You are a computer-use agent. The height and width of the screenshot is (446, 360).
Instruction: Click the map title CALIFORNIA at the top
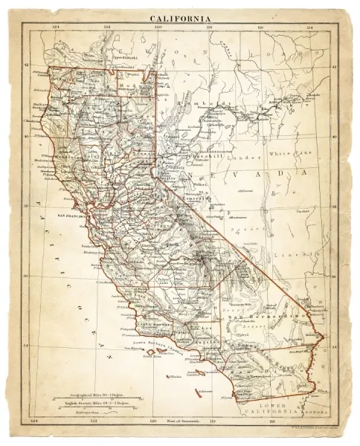tap(180, 18)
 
